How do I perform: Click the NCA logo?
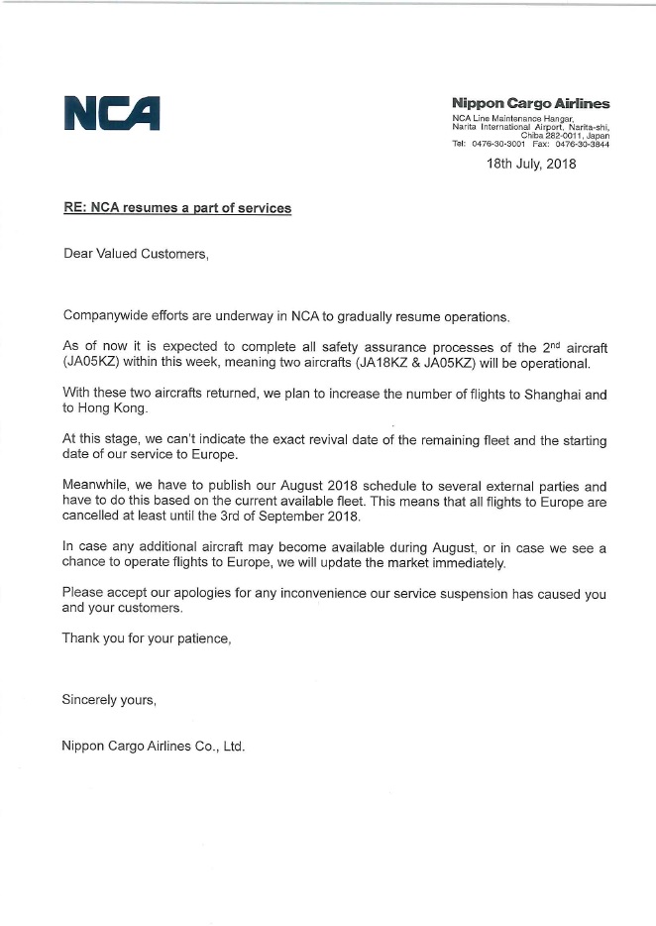point(111,112)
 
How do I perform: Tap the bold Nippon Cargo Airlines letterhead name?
point(530,103)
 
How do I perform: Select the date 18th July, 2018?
point(530,164)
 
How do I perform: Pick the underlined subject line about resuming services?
point(176,209)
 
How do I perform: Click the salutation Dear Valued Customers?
point(136,254)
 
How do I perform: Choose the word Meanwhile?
point(97,487)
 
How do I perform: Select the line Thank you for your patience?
point(146,638)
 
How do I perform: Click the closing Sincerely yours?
point(109,700)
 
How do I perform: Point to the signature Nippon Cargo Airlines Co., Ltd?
point(153,746)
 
